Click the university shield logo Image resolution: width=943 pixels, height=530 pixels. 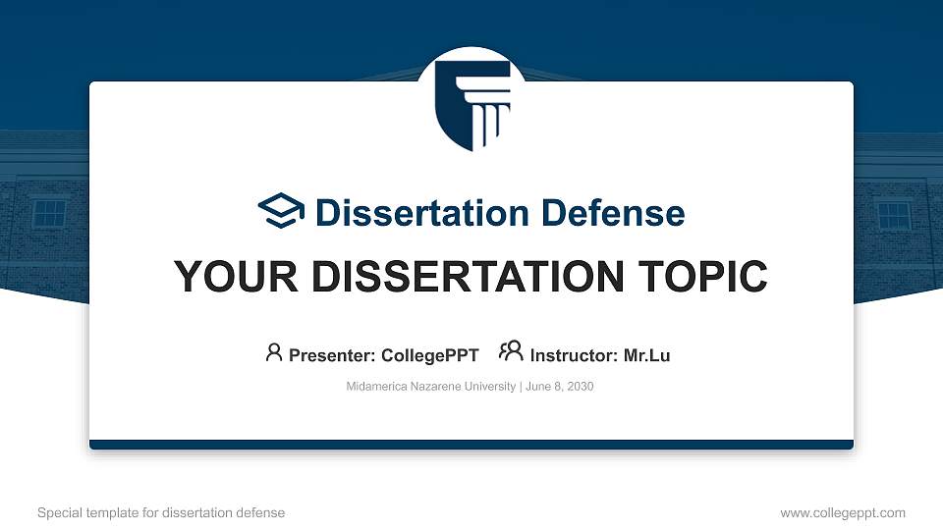click(x=472, y=106)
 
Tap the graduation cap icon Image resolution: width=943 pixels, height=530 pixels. click(x=281, y=211)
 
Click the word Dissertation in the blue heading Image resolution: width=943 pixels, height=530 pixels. click(x=422, y=213)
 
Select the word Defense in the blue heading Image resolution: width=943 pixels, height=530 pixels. click(x=613, y=213)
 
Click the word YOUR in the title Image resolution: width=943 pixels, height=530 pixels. click(x=236, y=277)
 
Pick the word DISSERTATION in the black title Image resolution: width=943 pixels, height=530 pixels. click(x=468, y=277)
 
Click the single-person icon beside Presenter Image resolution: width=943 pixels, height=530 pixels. click(x=274, y=352)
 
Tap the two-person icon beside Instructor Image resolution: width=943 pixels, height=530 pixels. click(x=511, y=350)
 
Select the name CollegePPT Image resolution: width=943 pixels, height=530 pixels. click(x=430, y=355)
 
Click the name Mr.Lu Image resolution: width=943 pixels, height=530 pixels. click(x=646, y=355)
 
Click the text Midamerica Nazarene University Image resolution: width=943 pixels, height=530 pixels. click(x=431, y=387)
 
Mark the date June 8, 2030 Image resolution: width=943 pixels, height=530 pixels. click(x=560, y=387)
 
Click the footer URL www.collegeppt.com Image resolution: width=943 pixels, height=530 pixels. click(x=843, y=513)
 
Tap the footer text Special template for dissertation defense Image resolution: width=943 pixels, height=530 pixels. click(x=161, y=513)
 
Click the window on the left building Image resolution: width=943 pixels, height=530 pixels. click(x=49, y=214)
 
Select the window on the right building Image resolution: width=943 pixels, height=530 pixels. click(x=894, y=216)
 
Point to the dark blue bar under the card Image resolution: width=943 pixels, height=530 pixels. click(x=471, y=445)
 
